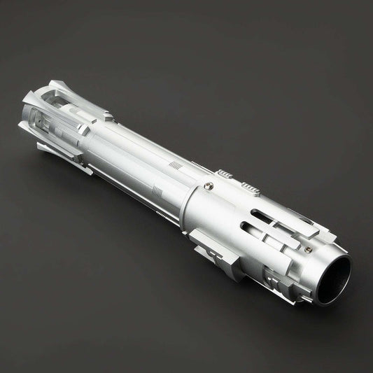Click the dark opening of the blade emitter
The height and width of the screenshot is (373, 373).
pyautogui.click(x=335, y=278)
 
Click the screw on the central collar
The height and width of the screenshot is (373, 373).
pyautogui.click(x=207, y=185)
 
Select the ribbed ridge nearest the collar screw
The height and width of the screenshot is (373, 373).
pyautogui.click(x=225, y=174)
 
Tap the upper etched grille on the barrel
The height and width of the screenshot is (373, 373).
pyautogui.click(x=176, y=166)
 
